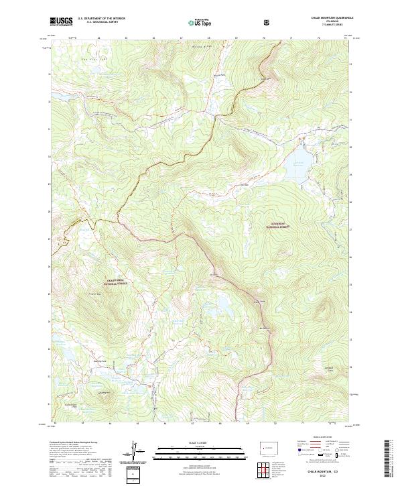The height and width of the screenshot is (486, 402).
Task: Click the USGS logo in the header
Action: [x=62, y=21]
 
